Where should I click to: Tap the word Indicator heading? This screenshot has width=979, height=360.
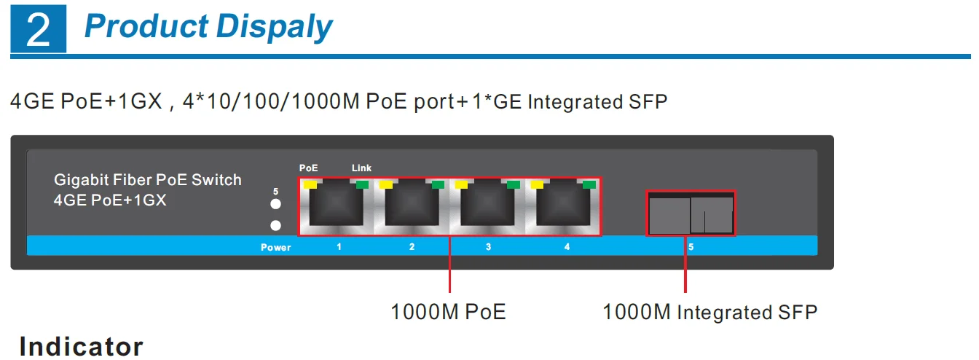(x=82, y=346)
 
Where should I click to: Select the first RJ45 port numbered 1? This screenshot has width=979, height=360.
(x=336, y=208)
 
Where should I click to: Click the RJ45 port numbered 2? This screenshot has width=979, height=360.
(x=412, y=208)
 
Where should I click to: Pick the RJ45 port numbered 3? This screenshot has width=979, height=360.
(x=487, y=208)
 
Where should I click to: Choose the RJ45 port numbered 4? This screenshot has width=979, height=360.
(x=563, y=208)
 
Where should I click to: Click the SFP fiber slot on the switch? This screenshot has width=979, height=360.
(x=691, y=214)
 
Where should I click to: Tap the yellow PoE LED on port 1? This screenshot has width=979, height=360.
(x=310, y=185)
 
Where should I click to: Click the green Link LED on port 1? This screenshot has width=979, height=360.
(x=361, y=185)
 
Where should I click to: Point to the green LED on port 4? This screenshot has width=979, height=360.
(x=589, y=185)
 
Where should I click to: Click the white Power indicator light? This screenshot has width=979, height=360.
(x=275, y=226)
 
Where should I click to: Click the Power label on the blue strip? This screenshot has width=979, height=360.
(x=276, y=248)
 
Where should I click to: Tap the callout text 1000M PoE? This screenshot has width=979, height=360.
(x=448, y=312)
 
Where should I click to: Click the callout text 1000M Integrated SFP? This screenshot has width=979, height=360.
(x=709, y=312)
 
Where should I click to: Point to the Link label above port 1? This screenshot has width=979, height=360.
(x=361, y=168)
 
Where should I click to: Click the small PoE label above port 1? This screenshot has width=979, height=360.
(x=309, y=168)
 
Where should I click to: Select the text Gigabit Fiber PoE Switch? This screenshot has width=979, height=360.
(x=148, y=180)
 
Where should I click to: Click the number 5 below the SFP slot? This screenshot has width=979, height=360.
(x=691, y=247)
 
